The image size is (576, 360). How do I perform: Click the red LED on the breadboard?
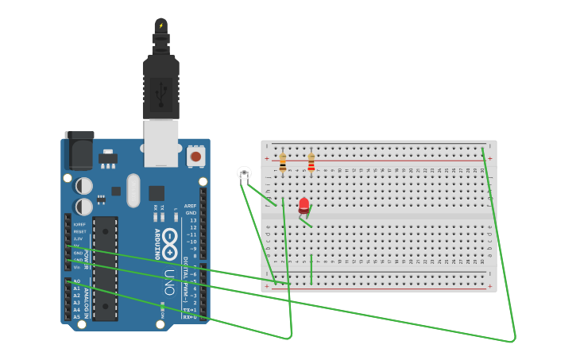pos(303,206)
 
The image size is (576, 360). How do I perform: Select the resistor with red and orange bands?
pos(311,162)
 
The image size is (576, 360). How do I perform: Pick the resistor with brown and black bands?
pos(283,162)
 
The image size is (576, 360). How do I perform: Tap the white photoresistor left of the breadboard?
pos(244,173)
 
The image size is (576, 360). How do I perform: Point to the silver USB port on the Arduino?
pos(161,143)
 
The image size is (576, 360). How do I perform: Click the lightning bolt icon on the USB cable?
pos(161,25)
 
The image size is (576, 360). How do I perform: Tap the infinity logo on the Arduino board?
pos(169,235)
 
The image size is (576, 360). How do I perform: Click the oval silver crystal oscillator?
pos(133,191)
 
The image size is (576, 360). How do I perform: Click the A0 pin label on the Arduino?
pos(77,281)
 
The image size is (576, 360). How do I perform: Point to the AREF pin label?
pos(190,206)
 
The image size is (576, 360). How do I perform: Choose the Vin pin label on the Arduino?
pos(77,267)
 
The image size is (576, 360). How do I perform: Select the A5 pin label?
pos(77,317)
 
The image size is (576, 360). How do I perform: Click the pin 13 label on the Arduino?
pos(192,220)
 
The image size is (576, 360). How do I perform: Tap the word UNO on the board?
pos(169,283)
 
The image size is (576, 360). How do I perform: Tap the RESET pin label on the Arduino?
pos(79,231)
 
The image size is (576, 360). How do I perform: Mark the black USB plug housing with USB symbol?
pos(161,87)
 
